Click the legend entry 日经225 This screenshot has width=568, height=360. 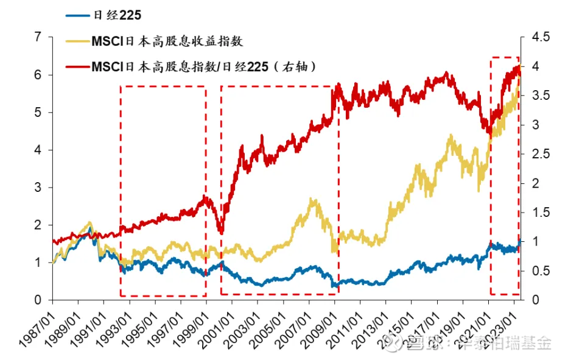(115, 16)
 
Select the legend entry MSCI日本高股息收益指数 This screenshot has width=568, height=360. (167, 41)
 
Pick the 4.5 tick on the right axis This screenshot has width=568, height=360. (538, 37)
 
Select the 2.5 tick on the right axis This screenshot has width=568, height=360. (538, 154)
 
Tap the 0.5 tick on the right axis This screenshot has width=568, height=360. (538, 270)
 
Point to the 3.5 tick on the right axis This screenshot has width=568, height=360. (538, 96)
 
